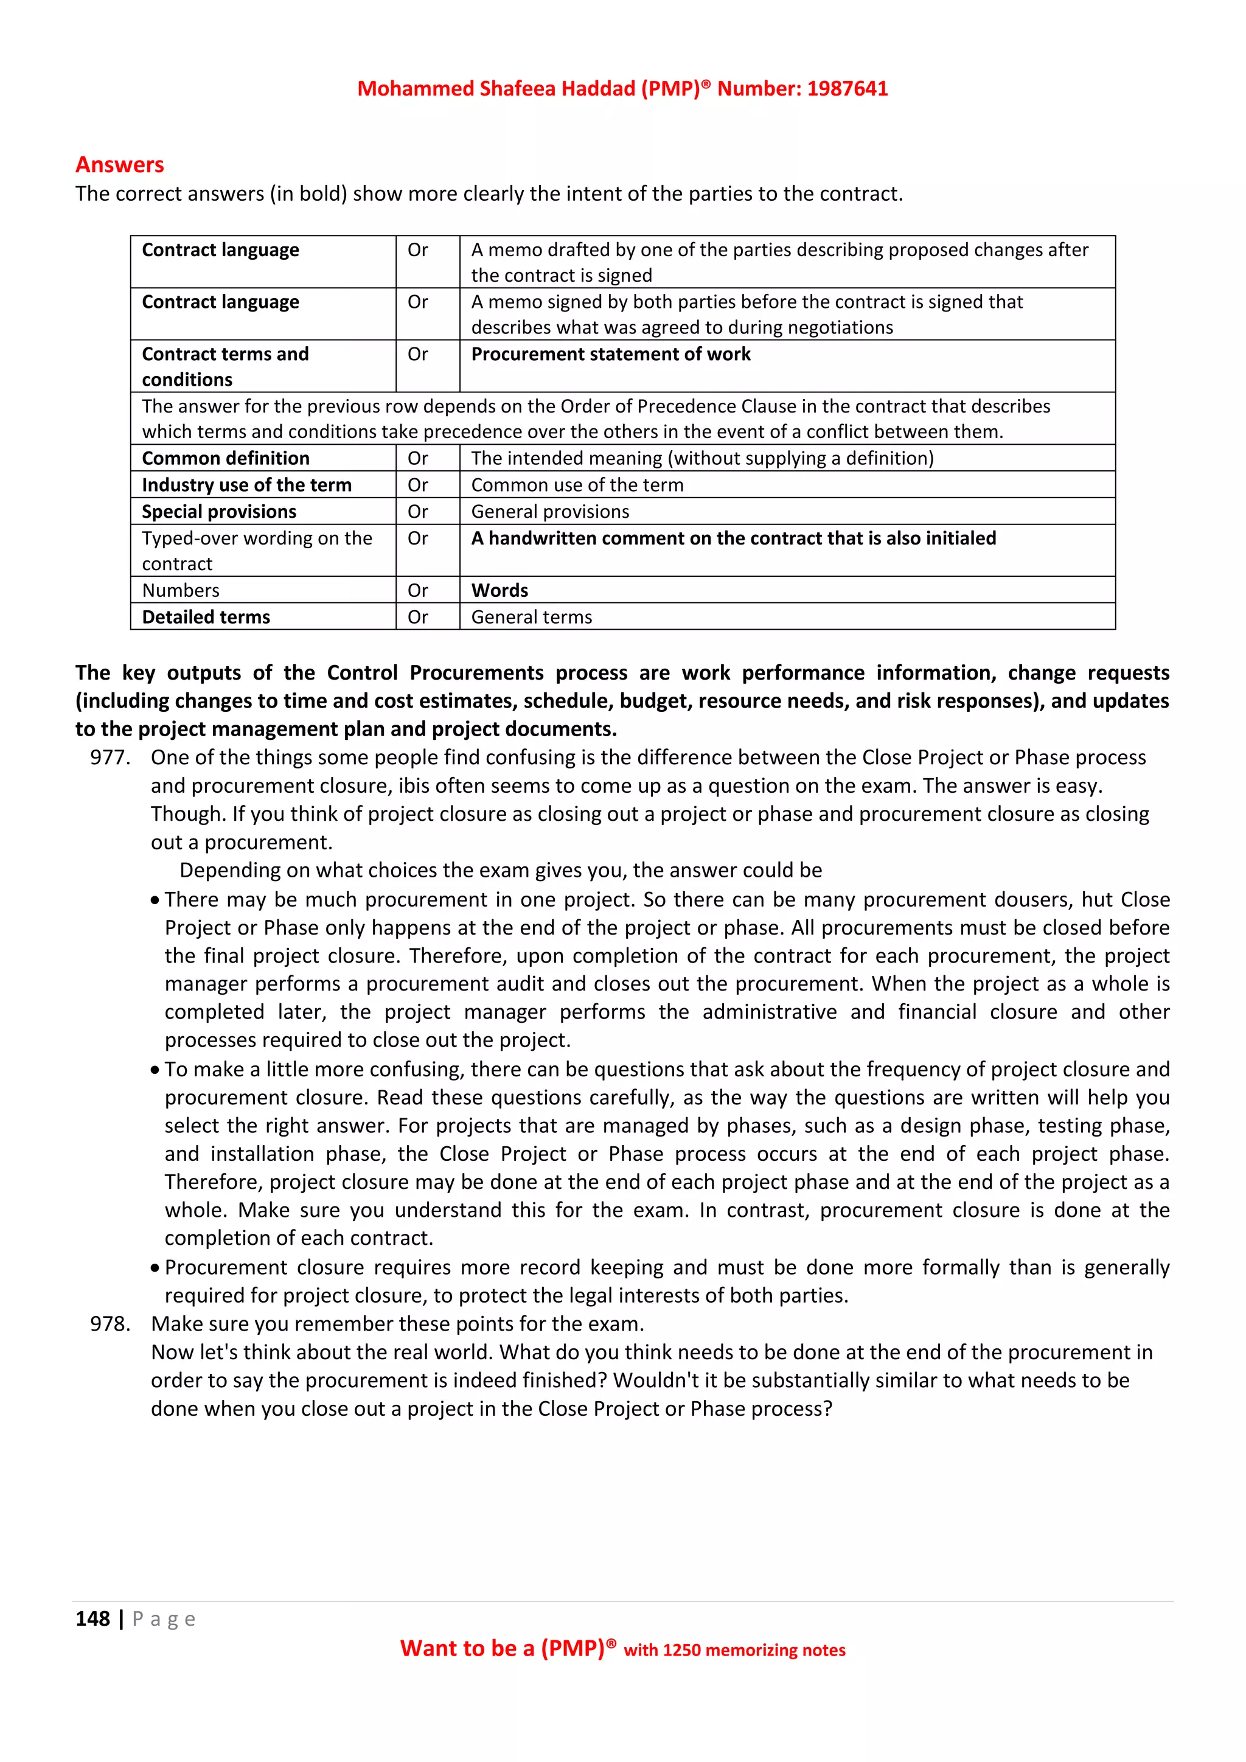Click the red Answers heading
coord(120,165)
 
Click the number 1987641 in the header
coord(847,89)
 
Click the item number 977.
coord(110,757)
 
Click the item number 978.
coord(110,1324)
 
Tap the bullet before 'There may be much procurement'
coord(155,900)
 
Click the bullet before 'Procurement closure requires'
coord(155,1268)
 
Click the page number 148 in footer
coord(93,1618)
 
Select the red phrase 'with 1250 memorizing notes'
coord(734,1651)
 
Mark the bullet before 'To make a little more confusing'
coord(155,1070)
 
